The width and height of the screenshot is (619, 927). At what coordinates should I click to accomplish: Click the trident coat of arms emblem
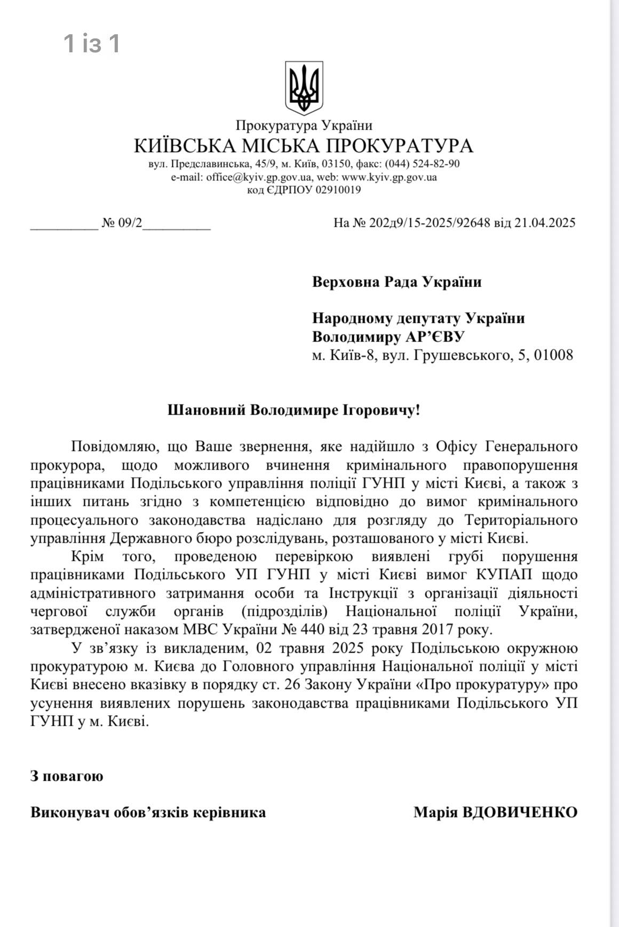[x=304, y=88]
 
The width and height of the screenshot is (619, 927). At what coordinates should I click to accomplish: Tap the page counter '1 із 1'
[x=92, y=43]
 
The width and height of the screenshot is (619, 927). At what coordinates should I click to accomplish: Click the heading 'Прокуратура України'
[x=304, y=126]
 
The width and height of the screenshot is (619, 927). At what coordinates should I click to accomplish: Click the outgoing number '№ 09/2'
[x=122, y=223]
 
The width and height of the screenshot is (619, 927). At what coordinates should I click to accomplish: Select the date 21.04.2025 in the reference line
[x=545, y=223]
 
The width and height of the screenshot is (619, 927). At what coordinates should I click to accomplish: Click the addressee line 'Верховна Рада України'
[x=396, y=282]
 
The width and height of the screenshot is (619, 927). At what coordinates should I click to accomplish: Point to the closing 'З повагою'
[x=67, y=776]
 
